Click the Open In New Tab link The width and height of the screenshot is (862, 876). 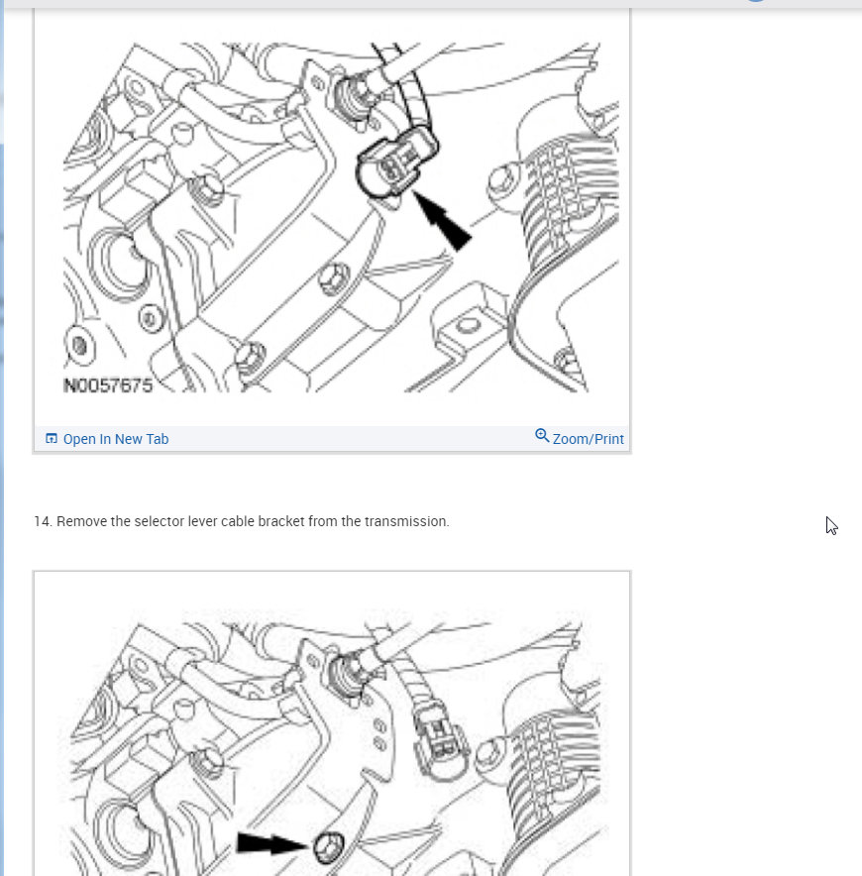116,439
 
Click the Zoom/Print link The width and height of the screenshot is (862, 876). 588,439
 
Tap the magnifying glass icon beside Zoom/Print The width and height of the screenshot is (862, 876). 542,435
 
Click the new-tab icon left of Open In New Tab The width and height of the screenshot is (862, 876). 52,439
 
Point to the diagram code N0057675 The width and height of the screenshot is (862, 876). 108,385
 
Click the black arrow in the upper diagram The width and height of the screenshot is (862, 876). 442,221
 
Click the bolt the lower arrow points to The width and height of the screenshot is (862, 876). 328,847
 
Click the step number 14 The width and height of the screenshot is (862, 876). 43,521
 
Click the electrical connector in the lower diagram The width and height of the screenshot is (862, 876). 441,738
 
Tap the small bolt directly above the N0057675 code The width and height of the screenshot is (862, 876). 80,345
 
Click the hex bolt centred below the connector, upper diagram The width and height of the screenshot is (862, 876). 334,277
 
